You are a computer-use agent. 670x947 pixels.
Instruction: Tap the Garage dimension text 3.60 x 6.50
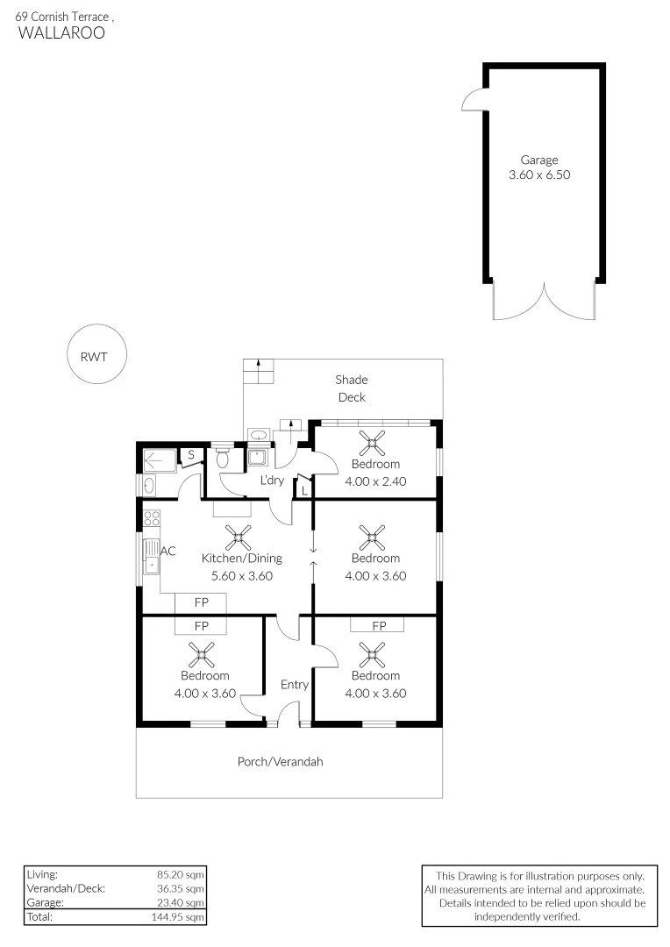[x=539, y=175]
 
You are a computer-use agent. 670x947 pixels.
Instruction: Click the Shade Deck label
[x=351, y=388]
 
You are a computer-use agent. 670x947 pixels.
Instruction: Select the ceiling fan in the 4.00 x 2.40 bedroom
[x=375, y=440]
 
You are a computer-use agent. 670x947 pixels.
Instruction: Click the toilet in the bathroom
[x=223, y=459]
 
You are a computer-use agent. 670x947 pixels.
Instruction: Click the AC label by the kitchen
[x=168, y=551]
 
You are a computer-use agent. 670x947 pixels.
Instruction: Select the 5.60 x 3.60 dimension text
[x=242, y=576]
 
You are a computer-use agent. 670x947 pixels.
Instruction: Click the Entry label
[x=295, y=684]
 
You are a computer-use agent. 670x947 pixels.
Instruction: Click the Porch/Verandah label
[x=280, y=762]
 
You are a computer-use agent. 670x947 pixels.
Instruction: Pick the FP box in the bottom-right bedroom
[x=378, y=625]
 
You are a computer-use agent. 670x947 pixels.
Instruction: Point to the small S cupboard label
[x=190, y=454]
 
